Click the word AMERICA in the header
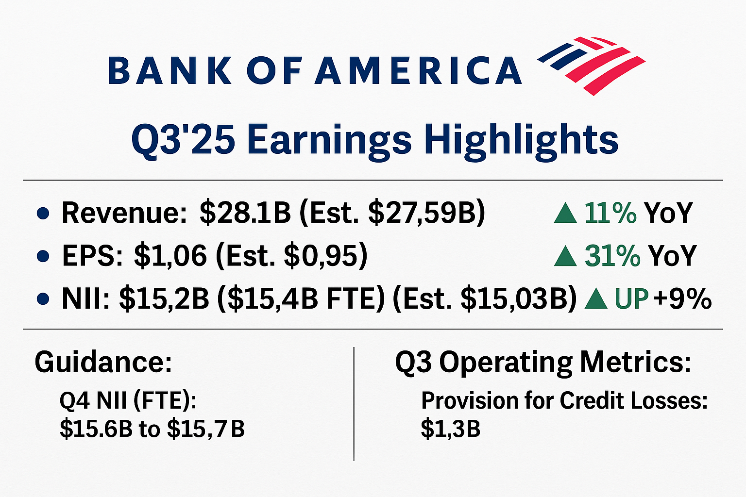[418, 70]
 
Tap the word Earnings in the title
[329, 140]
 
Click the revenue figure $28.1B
[245, 213]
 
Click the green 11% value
[610, 213]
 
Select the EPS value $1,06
[170, 256]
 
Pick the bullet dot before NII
[43, 299]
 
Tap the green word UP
[631, 299]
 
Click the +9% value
[682, 299]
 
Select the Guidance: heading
[103, 362]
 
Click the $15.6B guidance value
[96, 429]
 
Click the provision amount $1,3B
[450, 429]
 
